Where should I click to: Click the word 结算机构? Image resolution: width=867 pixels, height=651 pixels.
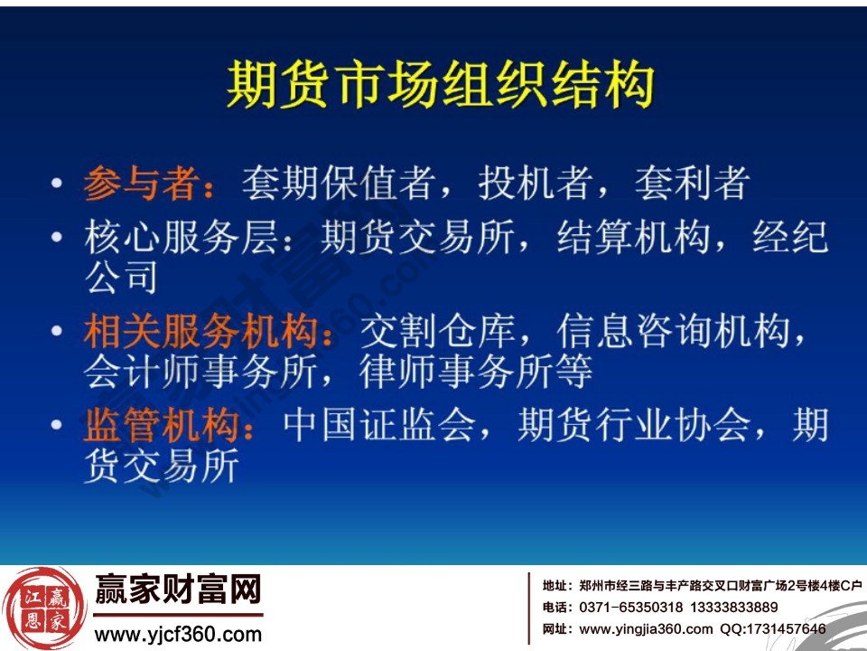click(613, 239)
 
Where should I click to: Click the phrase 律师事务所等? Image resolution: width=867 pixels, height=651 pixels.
click(476, 372)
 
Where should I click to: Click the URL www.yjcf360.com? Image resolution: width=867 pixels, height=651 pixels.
click(178, 634)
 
